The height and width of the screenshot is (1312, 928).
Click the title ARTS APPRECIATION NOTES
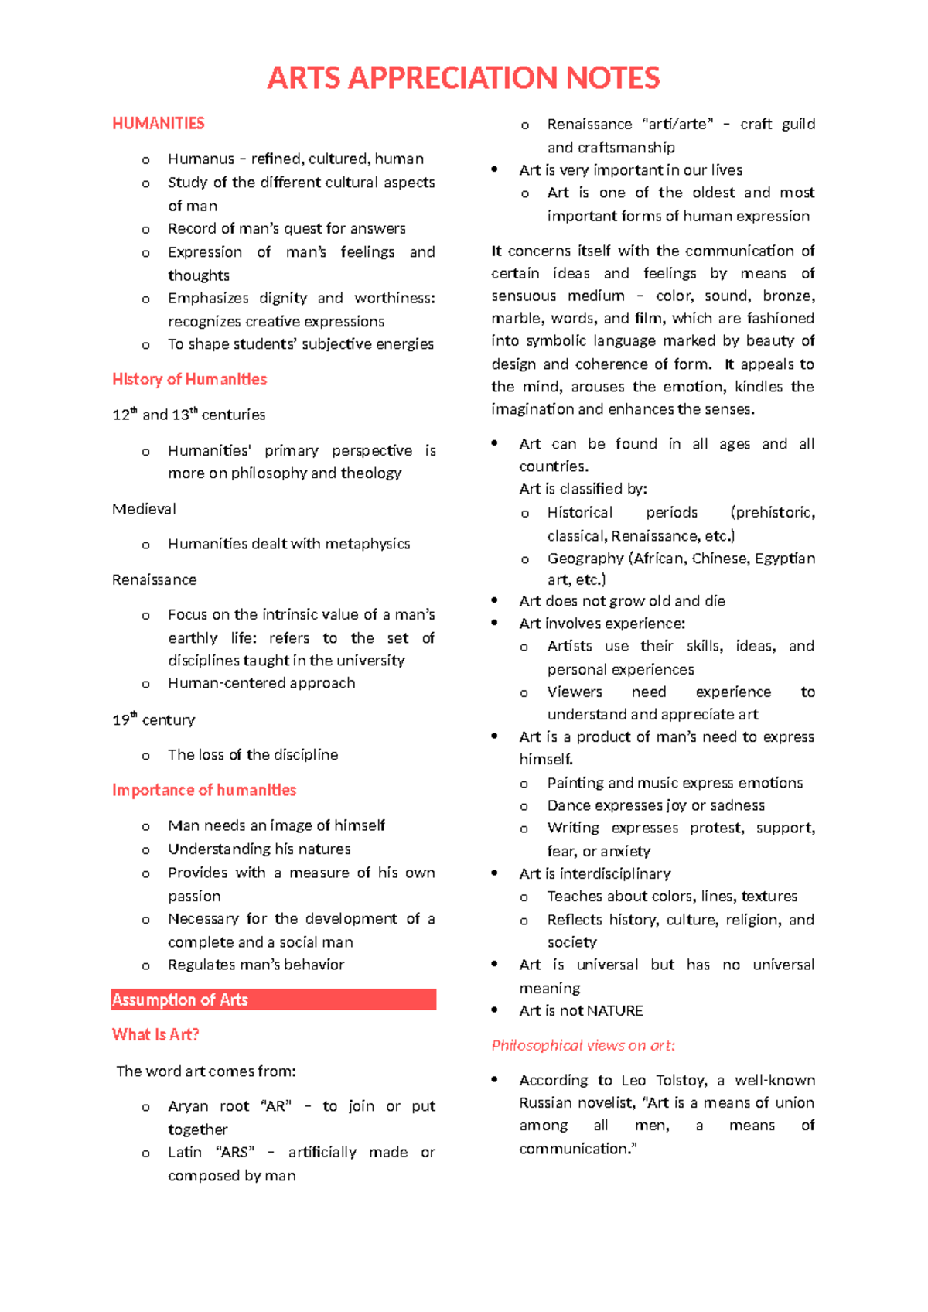click(x=463, y=78)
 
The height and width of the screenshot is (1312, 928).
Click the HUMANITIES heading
click(x=158, y=124)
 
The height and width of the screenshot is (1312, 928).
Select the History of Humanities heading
click(x=189, y=379)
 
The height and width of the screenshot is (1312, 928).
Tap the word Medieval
click(x=144, y=509)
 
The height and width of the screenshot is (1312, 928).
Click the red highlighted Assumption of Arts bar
click(x=274, y=999)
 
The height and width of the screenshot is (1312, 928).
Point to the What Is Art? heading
click(x=155, y=1035)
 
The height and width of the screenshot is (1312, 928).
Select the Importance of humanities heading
click(x=204, y=790)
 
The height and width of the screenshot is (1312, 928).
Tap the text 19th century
click(x=153, y=720)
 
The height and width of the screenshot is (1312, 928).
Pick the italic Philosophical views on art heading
click(x=583, y=1046)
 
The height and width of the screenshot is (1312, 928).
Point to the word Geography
click(x=585, y=559)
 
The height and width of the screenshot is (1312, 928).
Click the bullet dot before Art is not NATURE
click(x=495, y=1010)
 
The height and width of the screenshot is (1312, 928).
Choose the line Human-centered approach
click(x=261, y=683)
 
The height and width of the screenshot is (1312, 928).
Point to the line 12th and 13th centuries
click(x=189, y=415)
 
